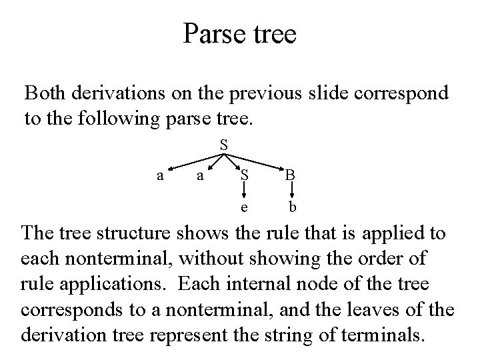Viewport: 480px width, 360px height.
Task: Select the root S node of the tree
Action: click(x=224, y=144)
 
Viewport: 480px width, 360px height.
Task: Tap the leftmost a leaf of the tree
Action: click(x=159, y=175)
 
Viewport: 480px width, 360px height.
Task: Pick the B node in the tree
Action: click(x=291, y=176)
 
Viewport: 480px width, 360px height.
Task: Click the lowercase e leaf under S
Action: click(x=245, y=207)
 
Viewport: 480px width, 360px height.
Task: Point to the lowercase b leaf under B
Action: click(x=292, y=207)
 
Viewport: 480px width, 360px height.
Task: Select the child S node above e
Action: click(x=245, y=176)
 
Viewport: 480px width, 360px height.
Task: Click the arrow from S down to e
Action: click(x=245, y=191)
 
